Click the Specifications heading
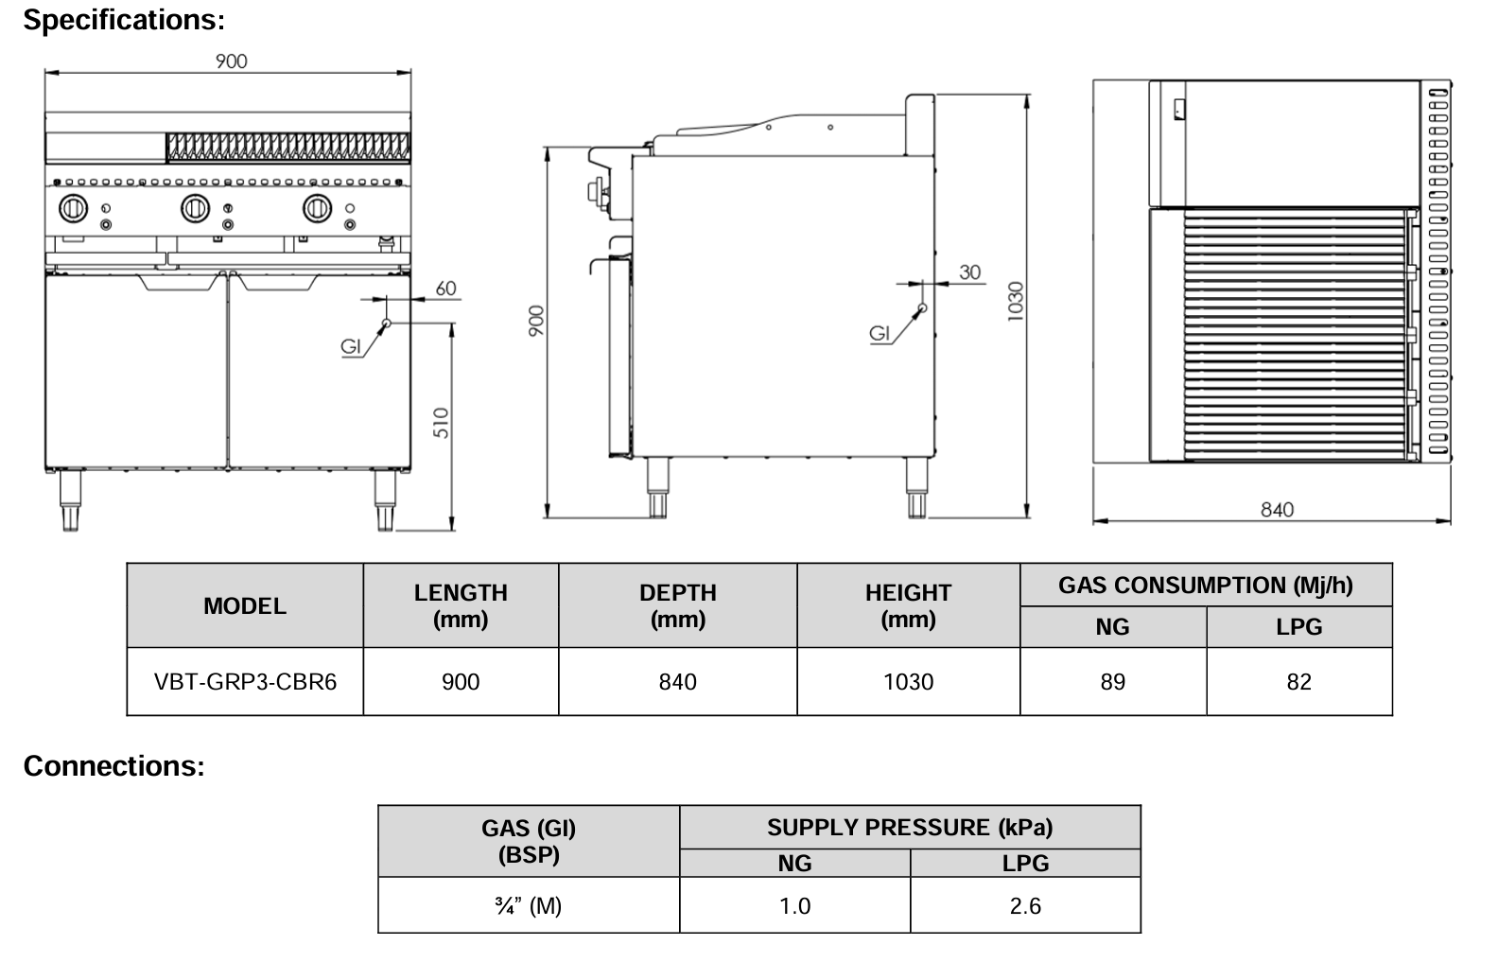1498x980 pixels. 124,19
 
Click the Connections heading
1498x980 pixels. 113,765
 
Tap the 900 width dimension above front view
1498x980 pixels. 231,61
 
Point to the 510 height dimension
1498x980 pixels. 442,422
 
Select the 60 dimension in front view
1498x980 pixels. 445,289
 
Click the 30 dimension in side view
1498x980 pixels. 970,272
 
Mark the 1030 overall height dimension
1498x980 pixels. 1015,301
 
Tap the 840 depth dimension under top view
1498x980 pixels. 1276,510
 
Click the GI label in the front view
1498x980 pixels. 351,347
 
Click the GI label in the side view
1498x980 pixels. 880,333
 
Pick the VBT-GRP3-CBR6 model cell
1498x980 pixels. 245,682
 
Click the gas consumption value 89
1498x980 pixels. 1112,682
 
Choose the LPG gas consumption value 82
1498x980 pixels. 1298,682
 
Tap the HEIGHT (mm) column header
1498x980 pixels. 908,605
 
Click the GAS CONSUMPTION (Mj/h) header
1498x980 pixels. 1205,586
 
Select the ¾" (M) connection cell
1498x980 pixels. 528,906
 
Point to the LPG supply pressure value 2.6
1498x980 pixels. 1024,906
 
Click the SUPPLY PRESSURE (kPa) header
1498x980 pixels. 909,828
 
